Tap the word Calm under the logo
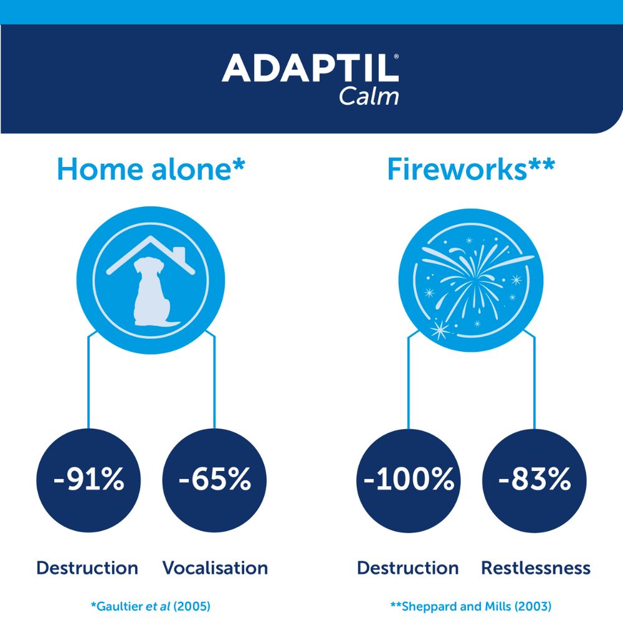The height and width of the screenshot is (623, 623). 368,97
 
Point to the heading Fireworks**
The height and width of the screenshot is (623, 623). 470,169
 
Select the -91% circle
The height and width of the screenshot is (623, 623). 88,480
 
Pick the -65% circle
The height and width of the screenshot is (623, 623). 214,480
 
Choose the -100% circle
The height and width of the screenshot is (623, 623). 408,480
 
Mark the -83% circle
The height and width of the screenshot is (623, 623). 535,480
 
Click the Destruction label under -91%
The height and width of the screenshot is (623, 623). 87,568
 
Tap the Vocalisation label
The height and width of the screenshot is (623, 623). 215,568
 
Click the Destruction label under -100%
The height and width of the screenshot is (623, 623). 407,568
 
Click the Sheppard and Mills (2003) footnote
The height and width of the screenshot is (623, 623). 470,605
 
